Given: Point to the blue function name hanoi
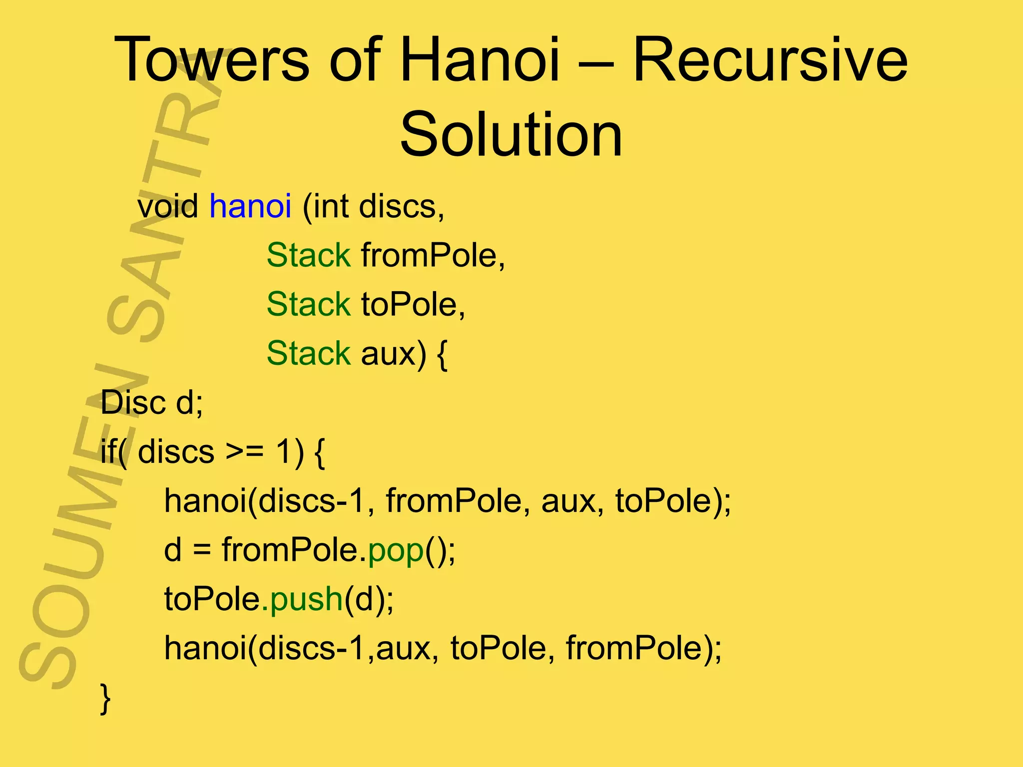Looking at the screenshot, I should coord(250,206).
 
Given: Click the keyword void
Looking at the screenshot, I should coord(168,206).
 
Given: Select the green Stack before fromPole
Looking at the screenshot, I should coord(309,255).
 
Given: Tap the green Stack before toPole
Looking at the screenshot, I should coord(309,304).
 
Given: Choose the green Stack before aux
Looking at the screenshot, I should coord(309,353).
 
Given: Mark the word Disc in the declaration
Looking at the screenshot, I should coord(133,402).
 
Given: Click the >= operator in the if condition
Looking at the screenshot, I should coord(244,452).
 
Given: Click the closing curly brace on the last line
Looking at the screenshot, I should coord(105,698).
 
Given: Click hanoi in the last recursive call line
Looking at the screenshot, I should coord(205,648).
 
